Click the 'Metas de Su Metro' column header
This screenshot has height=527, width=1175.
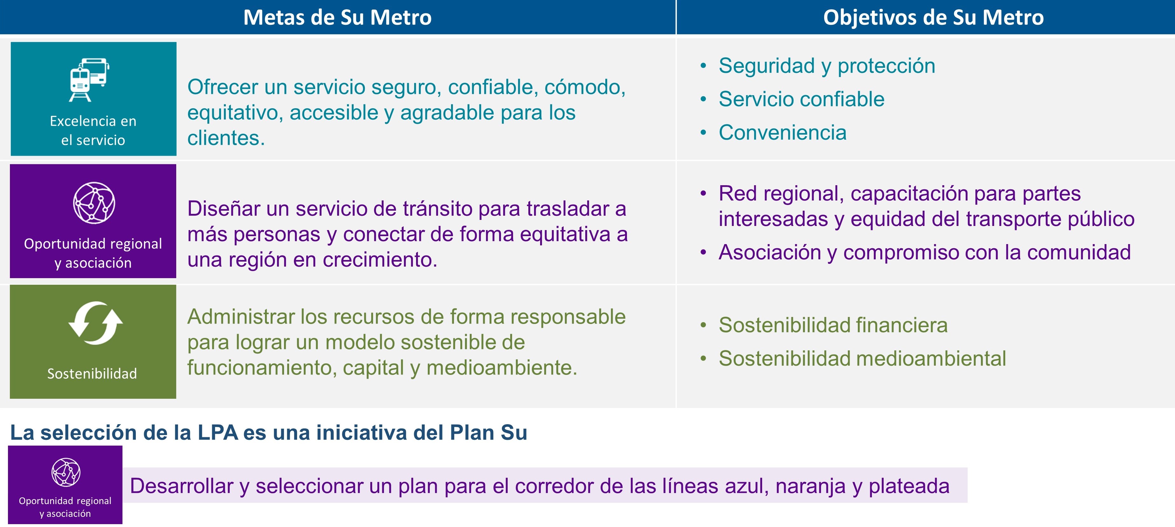coord(337,17)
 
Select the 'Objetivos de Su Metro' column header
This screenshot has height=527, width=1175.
coord(933,17)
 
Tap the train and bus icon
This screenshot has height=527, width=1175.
coord(89,80)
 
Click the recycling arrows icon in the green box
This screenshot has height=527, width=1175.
coord(95,323)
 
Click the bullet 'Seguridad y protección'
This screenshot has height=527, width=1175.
coord(826,66)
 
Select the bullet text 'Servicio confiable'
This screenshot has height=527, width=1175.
coord(802,99)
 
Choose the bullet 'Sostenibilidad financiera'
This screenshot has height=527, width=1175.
coord(833,325)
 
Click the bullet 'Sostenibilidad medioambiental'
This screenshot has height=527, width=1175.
coord(862,358)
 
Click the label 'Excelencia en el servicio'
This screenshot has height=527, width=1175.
coord(93,130)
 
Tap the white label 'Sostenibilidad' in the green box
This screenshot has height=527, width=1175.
coord(92,373)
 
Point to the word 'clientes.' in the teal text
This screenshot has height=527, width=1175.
coord(226,138)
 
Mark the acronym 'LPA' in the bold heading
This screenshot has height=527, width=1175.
coord(218,432)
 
